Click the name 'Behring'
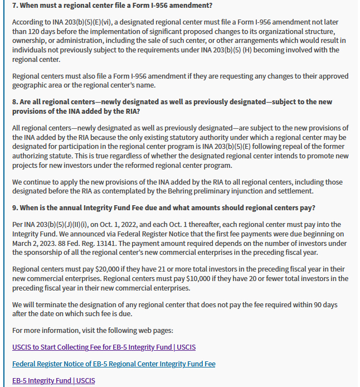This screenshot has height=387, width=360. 213,191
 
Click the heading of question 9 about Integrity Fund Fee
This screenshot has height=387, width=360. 164,208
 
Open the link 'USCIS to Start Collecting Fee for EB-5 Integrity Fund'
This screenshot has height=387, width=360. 104,347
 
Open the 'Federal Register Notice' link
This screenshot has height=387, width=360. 114,364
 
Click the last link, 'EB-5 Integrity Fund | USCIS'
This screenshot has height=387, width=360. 53,381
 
